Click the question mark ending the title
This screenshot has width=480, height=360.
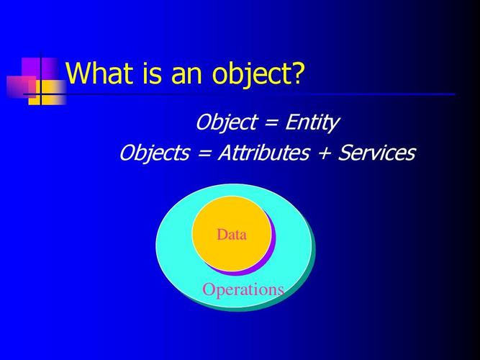coord(295,73)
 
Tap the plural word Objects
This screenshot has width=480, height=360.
coord(152,153)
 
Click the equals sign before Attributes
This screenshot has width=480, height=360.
coord(202,153)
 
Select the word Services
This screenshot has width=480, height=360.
coord(377,153)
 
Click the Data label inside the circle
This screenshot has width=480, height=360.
coord(231,235)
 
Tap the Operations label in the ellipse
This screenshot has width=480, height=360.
coord(243,289)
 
